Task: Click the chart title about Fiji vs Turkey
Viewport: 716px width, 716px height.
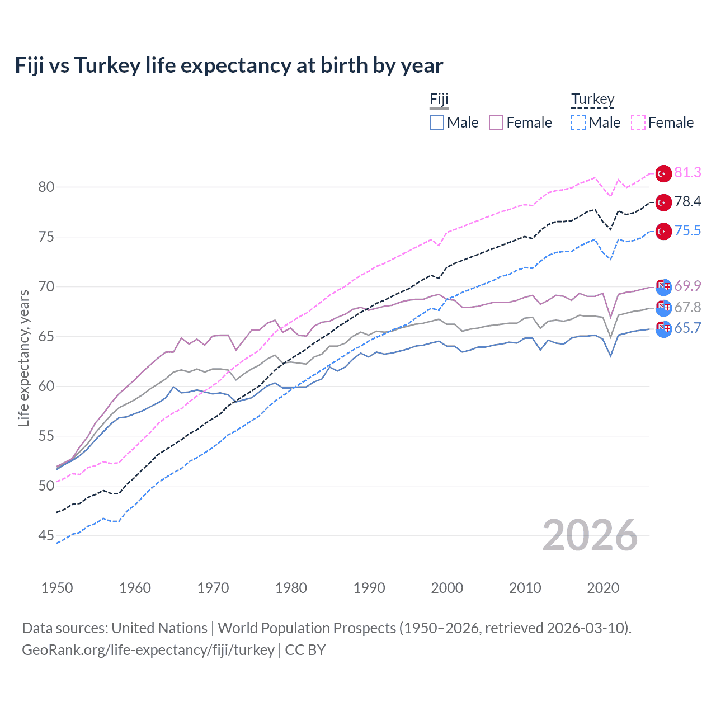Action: pyautogui.click(x=229, y=65)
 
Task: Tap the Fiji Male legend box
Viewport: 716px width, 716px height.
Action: pyautogui.click(x=437, y=123)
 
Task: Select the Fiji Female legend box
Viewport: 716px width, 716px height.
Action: pyautogui.click(x=496, y=123)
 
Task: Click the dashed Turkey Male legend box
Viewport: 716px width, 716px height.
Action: pyautogui.click(x=578, y=123)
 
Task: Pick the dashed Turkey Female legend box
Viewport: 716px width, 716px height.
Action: pyautogui.click(x=638, y=123)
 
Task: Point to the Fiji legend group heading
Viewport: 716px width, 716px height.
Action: pyautogui.click(x=439, y=100)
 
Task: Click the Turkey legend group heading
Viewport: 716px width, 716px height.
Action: pyautogui.click(x=592, y=100)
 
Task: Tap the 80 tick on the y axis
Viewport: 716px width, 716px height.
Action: pyautogui.click(x=46, y=187)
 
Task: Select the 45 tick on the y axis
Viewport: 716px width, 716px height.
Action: pyautogui.click(x=46, y=535)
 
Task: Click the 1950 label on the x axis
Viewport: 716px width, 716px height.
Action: pyautogui.click(x=57, y=588)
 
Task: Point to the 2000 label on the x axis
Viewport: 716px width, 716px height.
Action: pyautogui.click(x=447, y=588)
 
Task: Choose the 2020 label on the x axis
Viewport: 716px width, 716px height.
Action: pyautogui.click(x=603, y=588)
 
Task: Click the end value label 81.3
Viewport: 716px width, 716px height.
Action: pyautogui.click(x=687, y=173)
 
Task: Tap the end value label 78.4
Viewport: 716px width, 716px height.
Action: pyautogui.click(x=687, y=202)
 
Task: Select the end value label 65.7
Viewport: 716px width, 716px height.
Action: pyautogui.click(x=687, y=328)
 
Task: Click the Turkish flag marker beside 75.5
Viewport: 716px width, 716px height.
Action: pyautogui.click(x=663, y=232)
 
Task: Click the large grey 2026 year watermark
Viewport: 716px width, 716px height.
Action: pyautogui.click(x=590, y=535)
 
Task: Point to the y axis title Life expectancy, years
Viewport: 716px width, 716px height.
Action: pyautogui.click(x=23, y=358)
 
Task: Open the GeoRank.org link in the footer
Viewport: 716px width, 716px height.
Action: pyautogui.click(x=148, y=650)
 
